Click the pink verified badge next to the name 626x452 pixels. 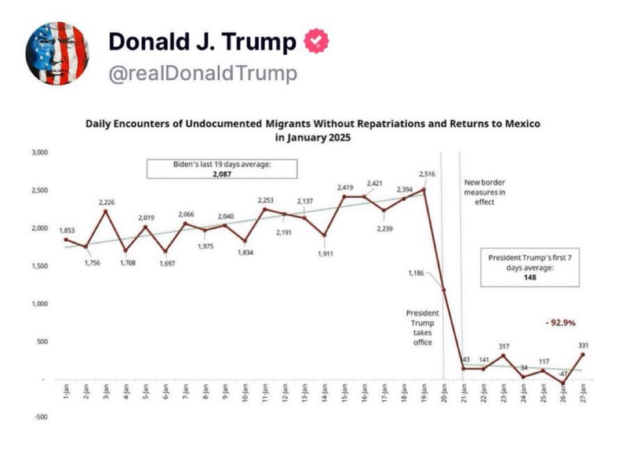coord(316,42)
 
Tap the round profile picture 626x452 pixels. coord(58,54)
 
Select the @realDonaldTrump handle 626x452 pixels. coord(203,73)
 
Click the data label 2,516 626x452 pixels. coord(427,174)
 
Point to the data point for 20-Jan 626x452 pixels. coord(444,290)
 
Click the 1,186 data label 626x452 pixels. coord(416,274)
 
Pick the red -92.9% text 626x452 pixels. coord(560,322)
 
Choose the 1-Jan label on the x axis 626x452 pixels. coord(66,392)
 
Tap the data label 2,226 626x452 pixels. coord(106,202)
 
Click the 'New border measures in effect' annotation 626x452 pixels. coord(485,192)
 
